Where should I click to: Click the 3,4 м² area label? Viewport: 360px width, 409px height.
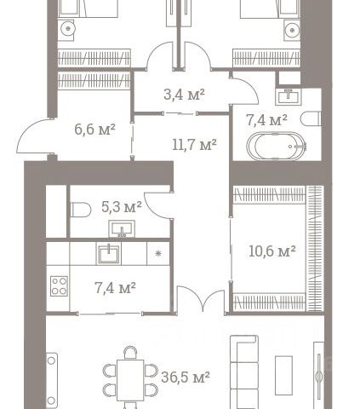pos(184,95)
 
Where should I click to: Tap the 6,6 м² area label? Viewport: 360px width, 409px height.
pos(94,130)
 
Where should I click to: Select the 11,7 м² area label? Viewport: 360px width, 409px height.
pos(194,145)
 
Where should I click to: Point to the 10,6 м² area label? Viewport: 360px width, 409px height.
pos(272,251)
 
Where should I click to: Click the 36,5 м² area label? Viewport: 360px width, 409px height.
pos(186,377)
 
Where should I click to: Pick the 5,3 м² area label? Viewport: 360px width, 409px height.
pos(122,207)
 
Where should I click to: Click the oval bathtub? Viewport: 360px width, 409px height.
pos(277,147)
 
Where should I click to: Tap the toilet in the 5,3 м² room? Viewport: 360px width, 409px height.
pos(80,210)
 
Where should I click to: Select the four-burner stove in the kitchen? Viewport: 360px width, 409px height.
pos(59,286)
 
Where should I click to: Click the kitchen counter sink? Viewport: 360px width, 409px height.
pos(109,254)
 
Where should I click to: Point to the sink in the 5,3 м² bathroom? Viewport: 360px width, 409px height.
pos(122,229)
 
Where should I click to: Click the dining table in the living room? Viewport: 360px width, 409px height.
pos(130,380)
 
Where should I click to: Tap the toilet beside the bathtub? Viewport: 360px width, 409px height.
pos(311,119)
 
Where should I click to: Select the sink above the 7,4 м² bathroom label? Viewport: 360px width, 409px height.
pos(289,96)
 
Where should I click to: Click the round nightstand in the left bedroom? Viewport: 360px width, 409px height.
pos(68,28)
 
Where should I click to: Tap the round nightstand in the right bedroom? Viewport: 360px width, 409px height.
pos(292,29)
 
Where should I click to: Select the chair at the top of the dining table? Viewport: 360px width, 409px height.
pos(130,353)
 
